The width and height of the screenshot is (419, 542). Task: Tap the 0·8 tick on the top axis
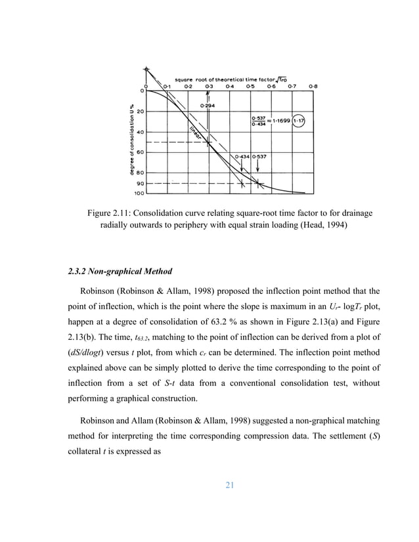click(x=313, y=85)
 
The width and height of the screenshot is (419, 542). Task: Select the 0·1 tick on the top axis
click(x=167, y=85)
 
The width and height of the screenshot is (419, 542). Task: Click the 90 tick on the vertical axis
click(x=141, y=184)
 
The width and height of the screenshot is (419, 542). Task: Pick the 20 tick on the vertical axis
click(x=141, y=112)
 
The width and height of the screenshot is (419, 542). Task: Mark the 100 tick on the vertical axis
click(x=139, y=194)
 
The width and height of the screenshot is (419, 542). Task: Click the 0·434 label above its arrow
click(x=244, y=157)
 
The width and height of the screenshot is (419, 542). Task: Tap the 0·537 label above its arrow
click(x=263, y=157)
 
